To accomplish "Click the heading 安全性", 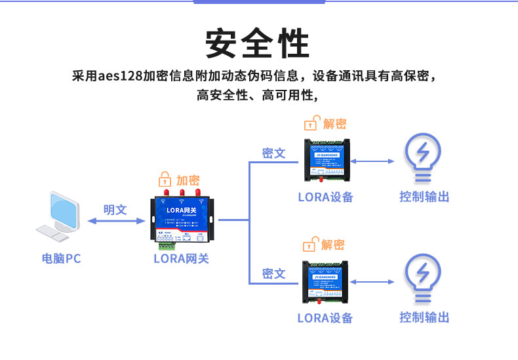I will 258,44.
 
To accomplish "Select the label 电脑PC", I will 61,258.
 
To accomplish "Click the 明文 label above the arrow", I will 115,210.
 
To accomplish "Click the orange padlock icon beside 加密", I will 165,179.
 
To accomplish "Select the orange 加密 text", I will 188,180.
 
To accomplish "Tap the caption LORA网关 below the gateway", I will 181,258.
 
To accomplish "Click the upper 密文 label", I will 273,153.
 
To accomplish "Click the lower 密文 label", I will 273,273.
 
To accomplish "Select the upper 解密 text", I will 334,124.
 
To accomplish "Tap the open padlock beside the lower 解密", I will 309,245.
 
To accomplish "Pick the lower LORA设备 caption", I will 325,318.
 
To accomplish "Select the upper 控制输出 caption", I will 424,197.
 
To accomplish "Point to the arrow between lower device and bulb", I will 372,282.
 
